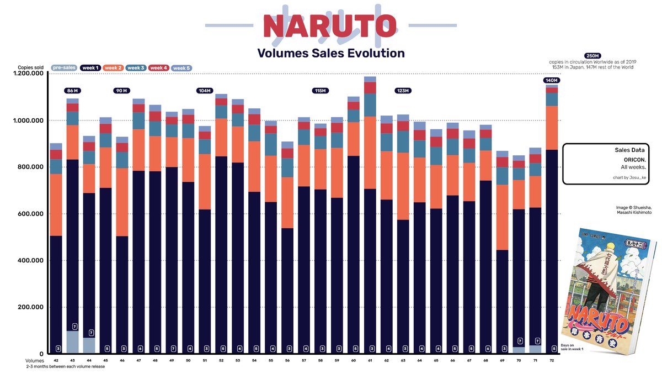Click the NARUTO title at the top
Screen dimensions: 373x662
pos(329,25)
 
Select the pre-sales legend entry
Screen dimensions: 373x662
pos(64,68)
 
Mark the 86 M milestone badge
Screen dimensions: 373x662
pos(72,91)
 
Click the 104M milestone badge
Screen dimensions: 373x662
pos(205,91)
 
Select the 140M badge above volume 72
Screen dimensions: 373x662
pos(551,80)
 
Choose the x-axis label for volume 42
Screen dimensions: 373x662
pos(56,360)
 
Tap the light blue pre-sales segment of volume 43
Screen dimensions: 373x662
pos(72,343)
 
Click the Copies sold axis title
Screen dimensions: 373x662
pos(31,67)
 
